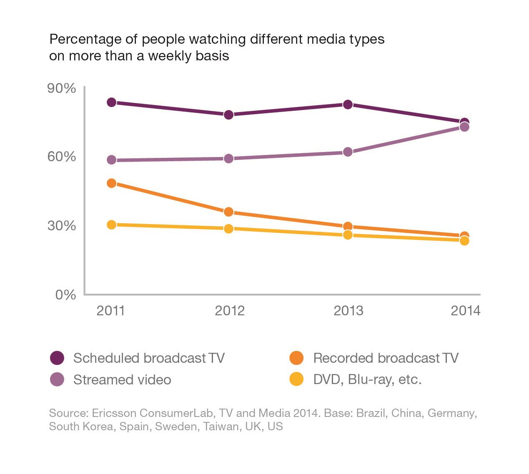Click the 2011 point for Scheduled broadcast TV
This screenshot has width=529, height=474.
coord(111,102)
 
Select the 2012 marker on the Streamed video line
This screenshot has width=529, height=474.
coord(228,159)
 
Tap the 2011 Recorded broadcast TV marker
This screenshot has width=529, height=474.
coord(111,183)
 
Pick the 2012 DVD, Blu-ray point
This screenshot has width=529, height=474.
coord(228,229)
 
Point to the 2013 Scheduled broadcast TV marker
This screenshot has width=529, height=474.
coord(348,105)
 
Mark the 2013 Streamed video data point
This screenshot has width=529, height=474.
coord(348,152)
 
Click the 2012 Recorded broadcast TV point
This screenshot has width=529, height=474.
coord(228,212)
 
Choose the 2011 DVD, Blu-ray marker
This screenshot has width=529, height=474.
coord(111,225)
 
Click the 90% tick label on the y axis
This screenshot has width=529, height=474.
coord(62,89)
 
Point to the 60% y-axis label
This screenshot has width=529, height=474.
coord(62,157)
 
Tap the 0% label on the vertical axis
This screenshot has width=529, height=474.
coord(66,295)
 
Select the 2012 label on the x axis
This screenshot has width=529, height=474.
coord(230,311)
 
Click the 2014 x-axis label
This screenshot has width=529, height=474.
coord(466,311)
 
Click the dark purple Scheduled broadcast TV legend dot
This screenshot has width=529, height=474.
coord(57,358)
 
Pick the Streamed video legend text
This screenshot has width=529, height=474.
coord(122,379)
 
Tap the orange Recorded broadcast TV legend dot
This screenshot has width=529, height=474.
coord(296,358)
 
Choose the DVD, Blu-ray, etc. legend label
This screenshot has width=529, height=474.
coord(367,379)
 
